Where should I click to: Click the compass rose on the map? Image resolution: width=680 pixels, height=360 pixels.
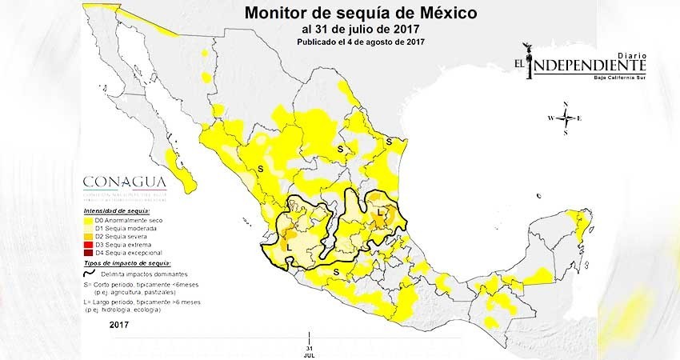point(566,118)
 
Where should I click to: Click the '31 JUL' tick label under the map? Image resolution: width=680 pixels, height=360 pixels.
point(308,350)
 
